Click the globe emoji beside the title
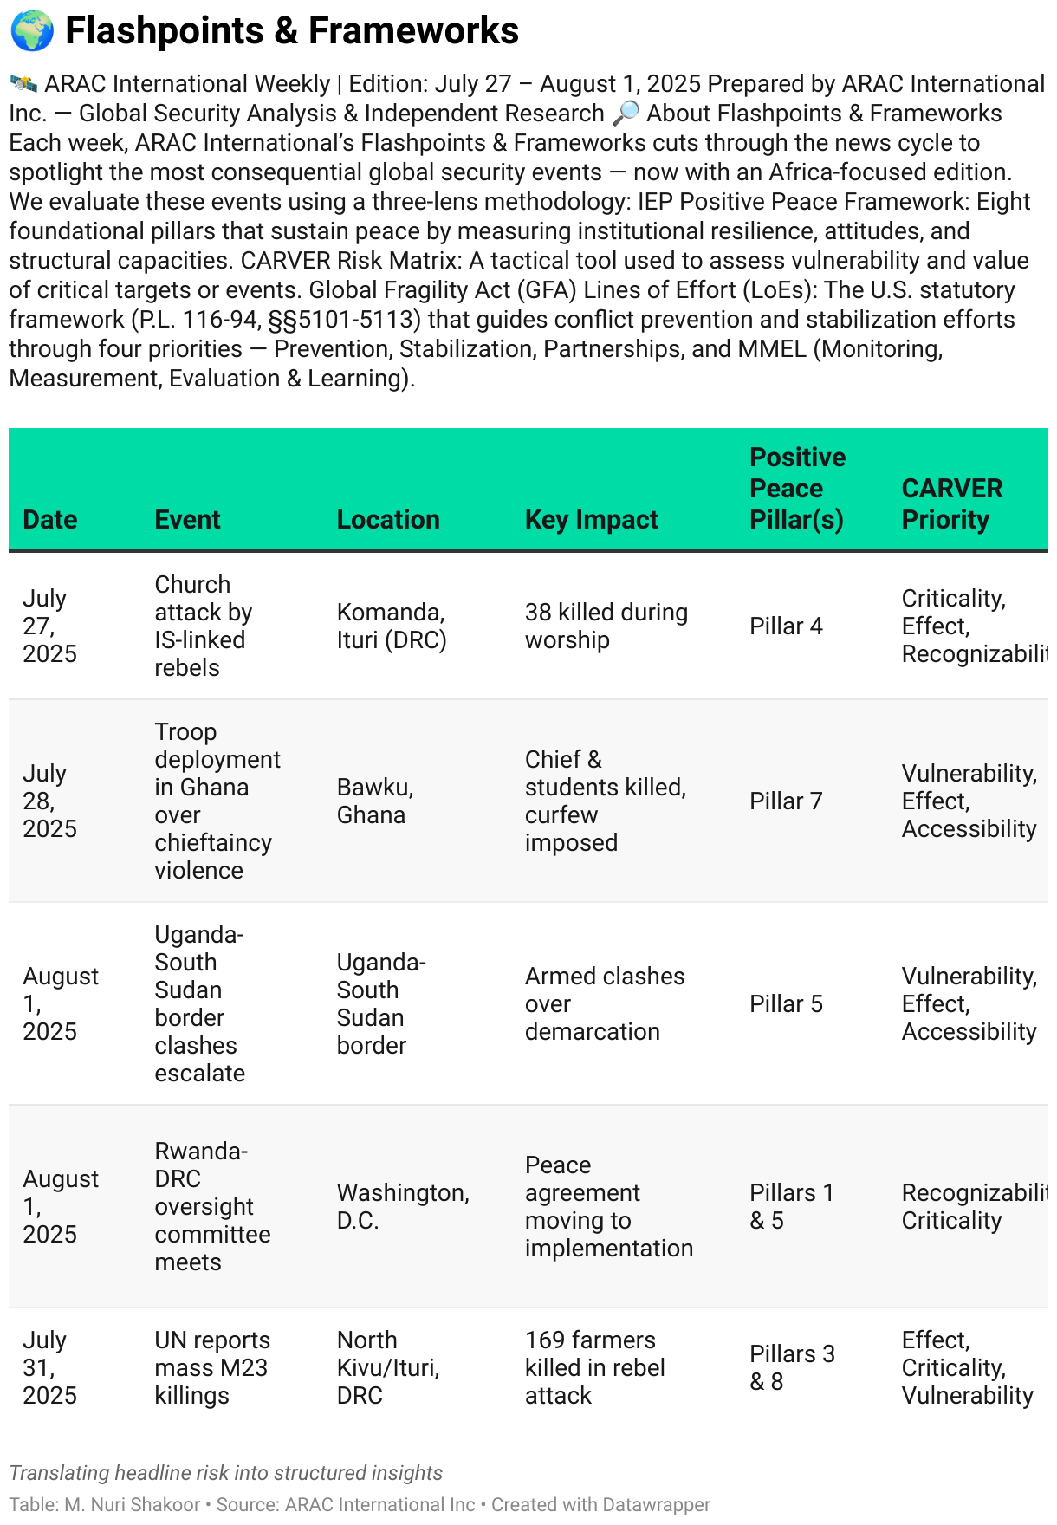click(32, 31)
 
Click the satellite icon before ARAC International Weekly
click(23, 84)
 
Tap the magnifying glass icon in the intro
click(625, 114)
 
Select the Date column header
click(50, 519)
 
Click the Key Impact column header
click(591, 519)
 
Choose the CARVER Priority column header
click(951, 503)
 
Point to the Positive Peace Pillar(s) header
click(797, 488)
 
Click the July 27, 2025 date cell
click(50, 626)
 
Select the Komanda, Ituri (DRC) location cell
click(392, 626)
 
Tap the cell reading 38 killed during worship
click(606, 626)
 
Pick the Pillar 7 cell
click(786, 801)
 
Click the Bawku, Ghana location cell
click(375, 801)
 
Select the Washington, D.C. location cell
click(403, 1206)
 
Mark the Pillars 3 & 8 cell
click(792, 1367)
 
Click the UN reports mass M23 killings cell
click(212, 1367)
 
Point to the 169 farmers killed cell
click(594, 1367)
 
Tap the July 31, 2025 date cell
click(50, 1367)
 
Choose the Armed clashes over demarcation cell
click(604, 1003)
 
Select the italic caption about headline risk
click(226, 1473)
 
